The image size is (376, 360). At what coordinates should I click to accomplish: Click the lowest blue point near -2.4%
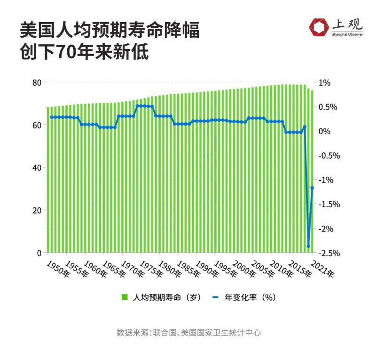(308, 246)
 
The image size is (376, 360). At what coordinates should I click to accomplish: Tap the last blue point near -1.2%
(312, 188)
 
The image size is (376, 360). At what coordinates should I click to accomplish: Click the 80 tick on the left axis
(36, 82)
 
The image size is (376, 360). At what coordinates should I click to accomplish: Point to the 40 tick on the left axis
(36, 168)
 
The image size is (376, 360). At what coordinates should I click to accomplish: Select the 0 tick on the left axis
(39, 253)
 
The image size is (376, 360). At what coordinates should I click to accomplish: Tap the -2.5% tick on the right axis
(329, 253)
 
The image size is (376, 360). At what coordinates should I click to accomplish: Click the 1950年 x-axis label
(57, 269)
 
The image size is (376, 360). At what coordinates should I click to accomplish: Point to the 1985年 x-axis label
(188, 269)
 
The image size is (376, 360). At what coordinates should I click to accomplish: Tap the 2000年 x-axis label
(244, 269)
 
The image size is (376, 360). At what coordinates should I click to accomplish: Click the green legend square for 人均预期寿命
(125, 297)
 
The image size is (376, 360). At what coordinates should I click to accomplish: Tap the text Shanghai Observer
(347, 35)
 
